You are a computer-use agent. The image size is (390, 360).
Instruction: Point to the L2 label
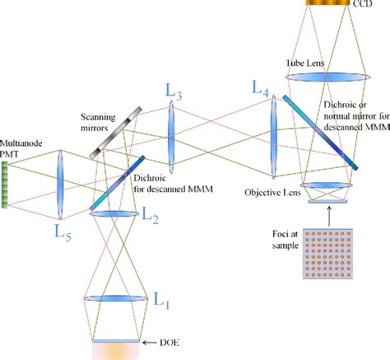151,216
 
